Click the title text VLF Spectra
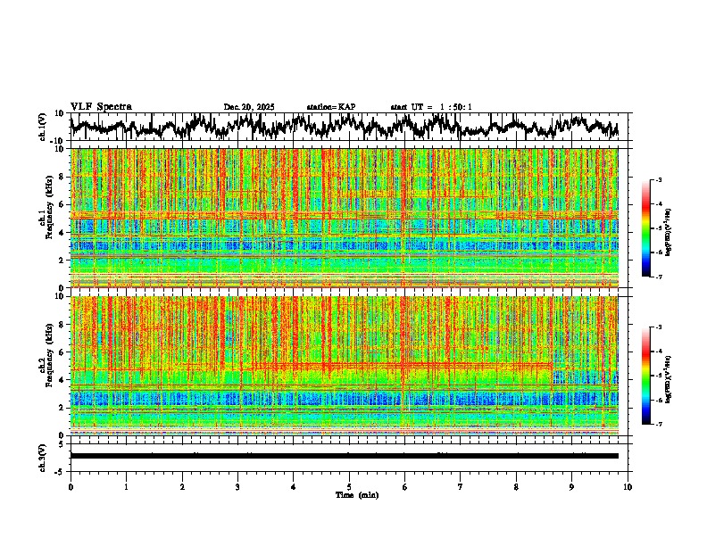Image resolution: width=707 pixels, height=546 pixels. (x=101, y=106)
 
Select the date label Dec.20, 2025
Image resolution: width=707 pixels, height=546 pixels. (x=249, y=107)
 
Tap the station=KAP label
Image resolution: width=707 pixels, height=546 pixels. (x=331, y=107)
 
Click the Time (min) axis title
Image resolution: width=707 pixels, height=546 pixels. (x=356, y=494)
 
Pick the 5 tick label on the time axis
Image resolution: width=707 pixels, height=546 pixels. (x=349, y=486)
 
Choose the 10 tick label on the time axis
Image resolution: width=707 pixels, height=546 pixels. (x=628, y=486)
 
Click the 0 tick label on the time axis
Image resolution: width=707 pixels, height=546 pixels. (x=71, y=486)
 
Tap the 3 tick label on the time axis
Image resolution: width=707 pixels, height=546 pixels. (x=237, y=486)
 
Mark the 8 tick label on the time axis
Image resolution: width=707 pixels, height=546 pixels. (x=516, y=486)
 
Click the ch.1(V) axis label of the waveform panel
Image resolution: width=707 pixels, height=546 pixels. (x=43, y=127)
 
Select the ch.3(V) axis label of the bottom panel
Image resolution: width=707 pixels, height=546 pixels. (x=43, y=455)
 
